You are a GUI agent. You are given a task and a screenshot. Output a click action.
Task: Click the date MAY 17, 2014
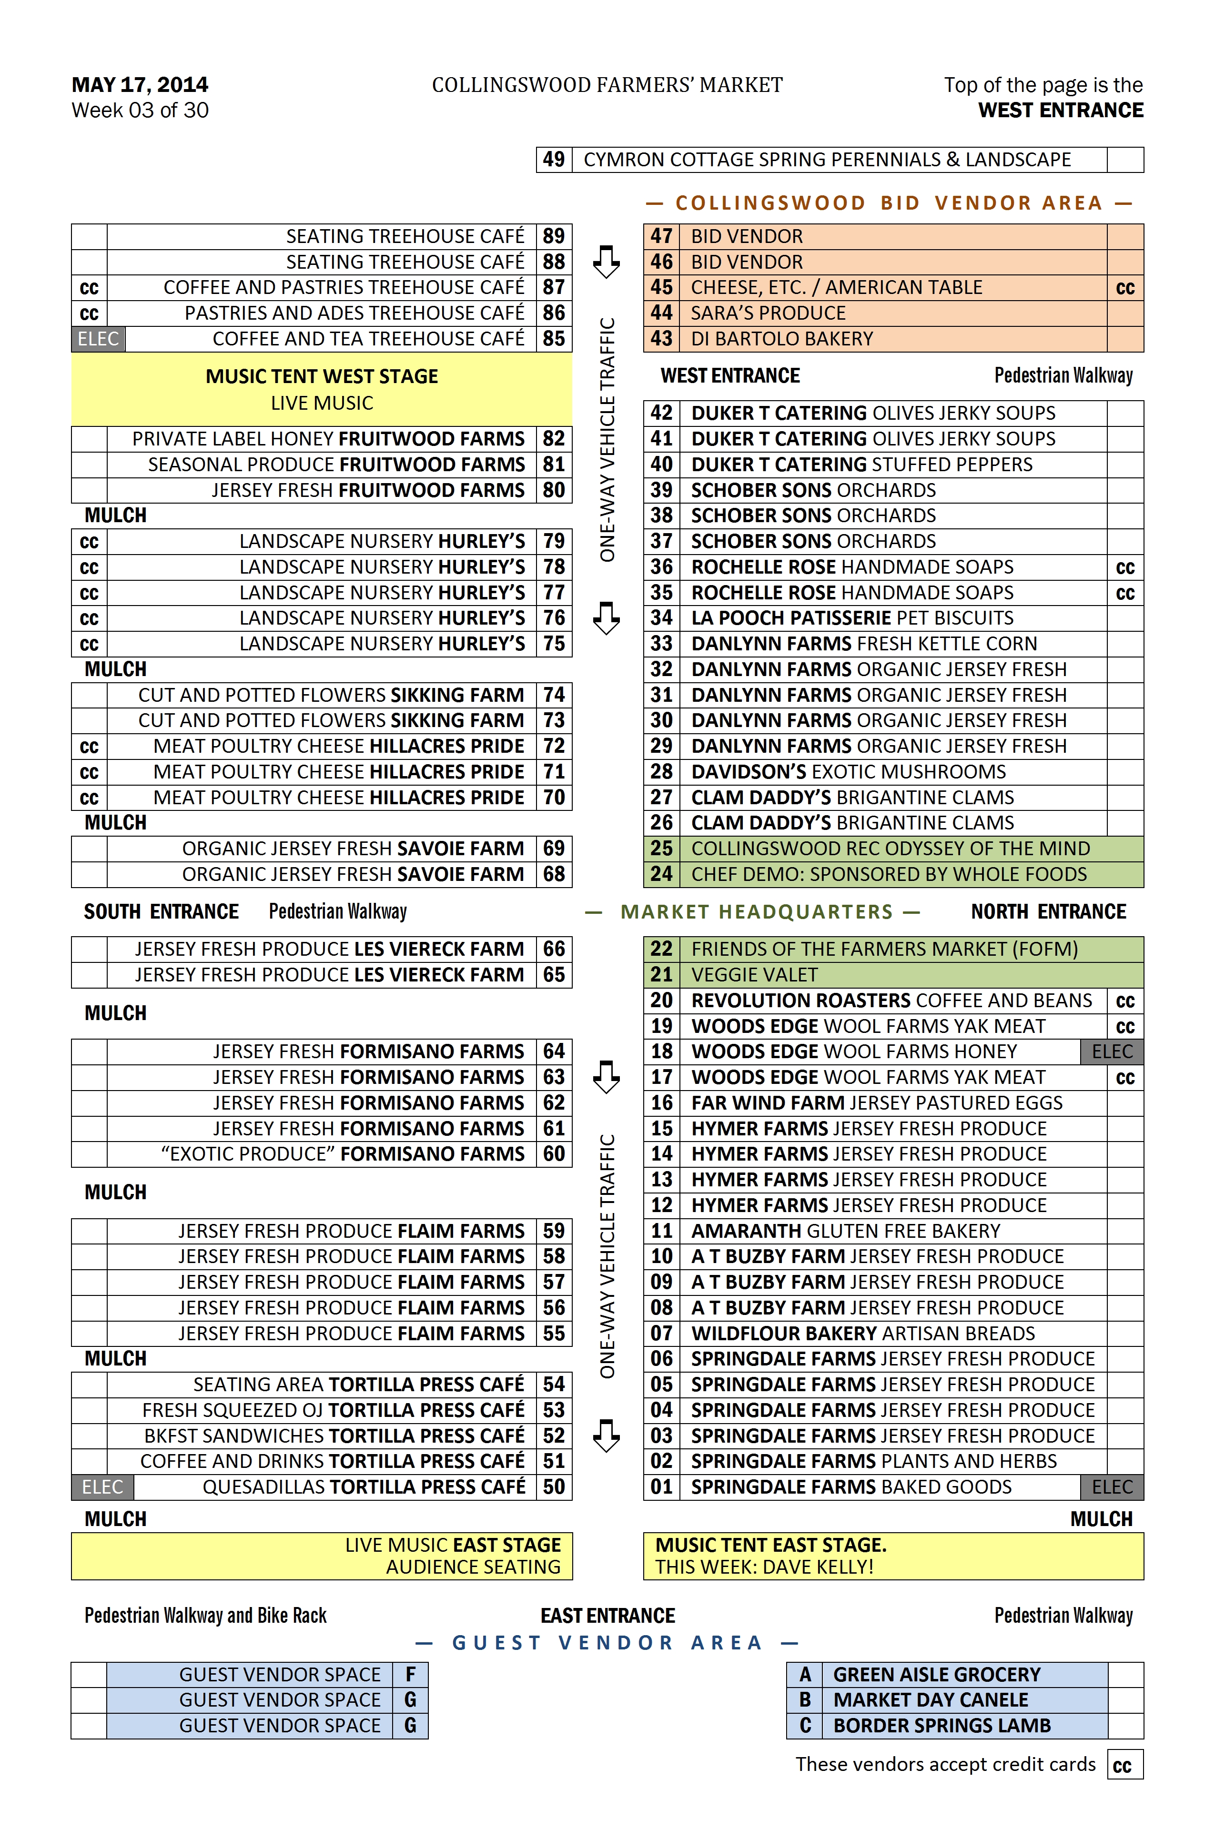(140, 84)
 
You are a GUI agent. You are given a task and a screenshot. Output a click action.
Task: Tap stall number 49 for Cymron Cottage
(553, 160)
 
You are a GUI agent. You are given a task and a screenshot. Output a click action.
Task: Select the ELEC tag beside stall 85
(99, 339)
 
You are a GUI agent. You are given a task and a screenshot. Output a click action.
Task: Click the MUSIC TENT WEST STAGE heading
(322, 376)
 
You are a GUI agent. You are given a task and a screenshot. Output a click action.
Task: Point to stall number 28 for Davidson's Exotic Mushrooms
(661, 772)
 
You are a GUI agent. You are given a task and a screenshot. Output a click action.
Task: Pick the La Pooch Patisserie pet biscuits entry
(851, 618)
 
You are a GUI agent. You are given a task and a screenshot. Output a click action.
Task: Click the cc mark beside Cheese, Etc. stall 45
(1124, 288)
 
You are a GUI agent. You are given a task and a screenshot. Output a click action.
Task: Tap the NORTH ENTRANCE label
(1048, 912)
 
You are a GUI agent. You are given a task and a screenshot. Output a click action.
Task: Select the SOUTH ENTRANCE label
(161, 912)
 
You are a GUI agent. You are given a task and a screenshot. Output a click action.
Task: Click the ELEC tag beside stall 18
(1112, 1051)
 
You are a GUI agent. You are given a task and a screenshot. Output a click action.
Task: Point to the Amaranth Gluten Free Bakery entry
(845, 1231)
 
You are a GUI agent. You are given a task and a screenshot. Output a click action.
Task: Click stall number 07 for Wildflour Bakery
(661, 1334)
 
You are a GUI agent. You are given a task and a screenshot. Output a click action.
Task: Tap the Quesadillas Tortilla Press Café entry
(364, 1487)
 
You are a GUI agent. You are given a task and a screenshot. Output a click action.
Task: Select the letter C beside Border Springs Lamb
(805, 1725)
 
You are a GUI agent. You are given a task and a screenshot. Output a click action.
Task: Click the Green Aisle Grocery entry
(936, 1674)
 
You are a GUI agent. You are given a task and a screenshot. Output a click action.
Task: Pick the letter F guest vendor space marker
(410, 1674)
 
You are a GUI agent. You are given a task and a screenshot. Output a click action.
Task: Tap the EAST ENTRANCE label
(607, 1616)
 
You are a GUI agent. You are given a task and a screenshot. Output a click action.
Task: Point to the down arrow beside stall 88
(606, 262)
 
